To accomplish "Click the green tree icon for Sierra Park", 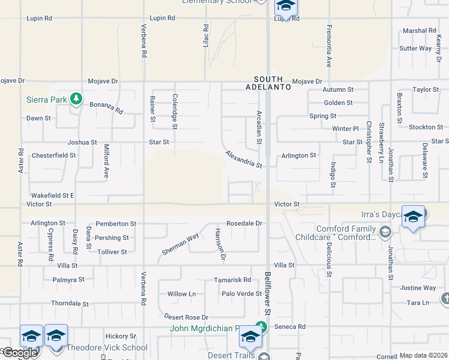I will pos(76,98).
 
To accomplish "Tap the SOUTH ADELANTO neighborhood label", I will pos(272,83).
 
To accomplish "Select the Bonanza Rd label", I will pos(106,107).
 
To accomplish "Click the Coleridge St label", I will pos(175,111).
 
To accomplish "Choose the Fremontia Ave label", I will pos(329,46).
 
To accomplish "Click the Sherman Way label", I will pos(180,245).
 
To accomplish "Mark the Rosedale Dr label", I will pos(245,223).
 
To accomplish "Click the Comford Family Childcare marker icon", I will pos(385,230).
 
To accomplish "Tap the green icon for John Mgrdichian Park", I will pos(261,328).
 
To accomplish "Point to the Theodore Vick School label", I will pos(107,347).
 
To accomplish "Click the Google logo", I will pos(20,353).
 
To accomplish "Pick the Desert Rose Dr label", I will pos(185,317).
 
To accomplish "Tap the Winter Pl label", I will pos(345,128).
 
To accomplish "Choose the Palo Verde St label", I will pos(242,293).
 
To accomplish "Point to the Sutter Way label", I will pos(415,48).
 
